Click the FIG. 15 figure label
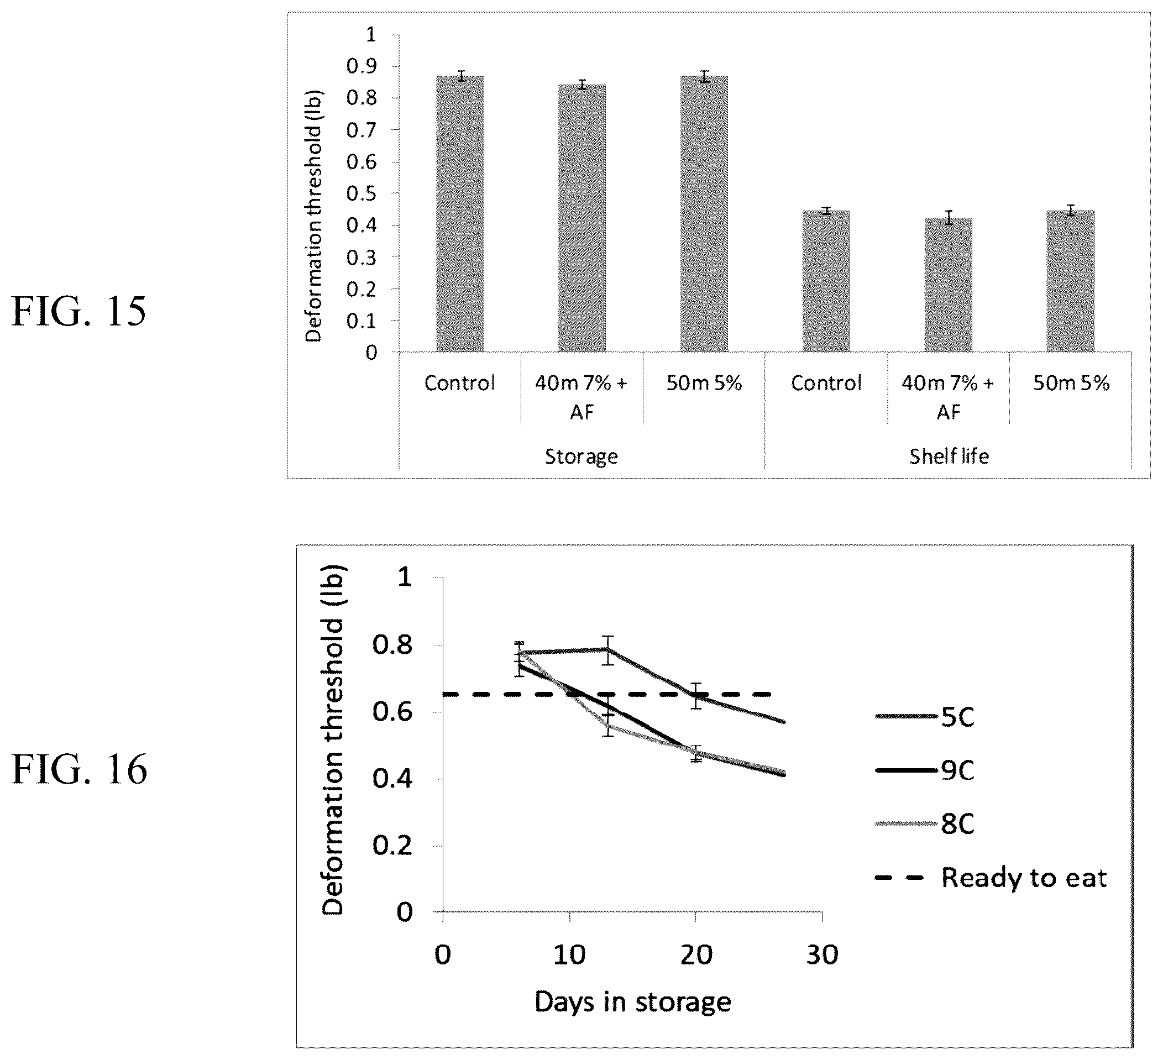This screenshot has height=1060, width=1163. [79, 312]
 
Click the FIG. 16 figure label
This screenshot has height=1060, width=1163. [80, 770]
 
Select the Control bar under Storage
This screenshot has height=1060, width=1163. [460, 213]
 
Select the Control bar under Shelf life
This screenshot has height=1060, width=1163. [826, 281]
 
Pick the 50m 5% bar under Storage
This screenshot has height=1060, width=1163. [704, 213]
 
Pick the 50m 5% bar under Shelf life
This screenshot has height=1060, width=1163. [1071, 281]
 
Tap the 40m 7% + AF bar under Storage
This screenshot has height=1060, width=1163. [581, 218]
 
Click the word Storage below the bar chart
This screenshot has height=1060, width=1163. [581, 456]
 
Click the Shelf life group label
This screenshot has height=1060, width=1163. [949, 456]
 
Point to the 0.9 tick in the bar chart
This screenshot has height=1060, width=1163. [361, 66]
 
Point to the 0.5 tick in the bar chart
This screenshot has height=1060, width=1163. [361, 193]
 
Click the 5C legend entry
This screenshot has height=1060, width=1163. [925, 717]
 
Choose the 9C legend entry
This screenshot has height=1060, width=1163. [925, 770]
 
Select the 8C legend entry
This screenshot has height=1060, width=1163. [925, 823]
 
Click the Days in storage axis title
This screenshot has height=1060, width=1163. [633, 1002]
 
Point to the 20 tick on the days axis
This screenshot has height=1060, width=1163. [696, 955]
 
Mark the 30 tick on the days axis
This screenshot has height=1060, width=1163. [823, 955]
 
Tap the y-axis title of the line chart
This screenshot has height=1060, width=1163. [333, 739]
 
